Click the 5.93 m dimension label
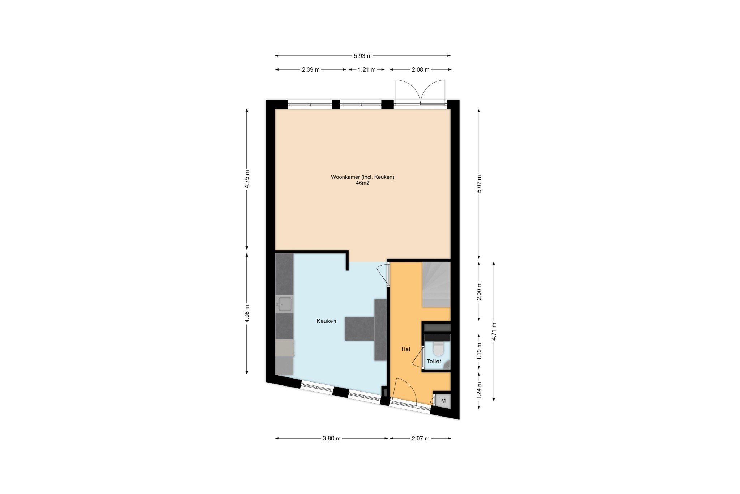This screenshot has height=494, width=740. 363,56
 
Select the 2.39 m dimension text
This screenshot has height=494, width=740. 311,69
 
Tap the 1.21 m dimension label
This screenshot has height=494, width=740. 367,69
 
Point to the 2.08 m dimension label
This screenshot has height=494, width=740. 421,69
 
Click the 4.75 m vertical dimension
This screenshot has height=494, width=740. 247,179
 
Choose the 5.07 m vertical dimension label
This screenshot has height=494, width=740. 479,184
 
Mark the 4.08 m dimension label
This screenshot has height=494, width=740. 247,313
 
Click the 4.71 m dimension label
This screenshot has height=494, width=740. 494,332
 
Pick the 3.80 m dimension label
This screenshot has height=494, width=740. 332,438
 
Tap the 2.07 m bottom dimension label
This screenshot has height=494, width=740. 421,438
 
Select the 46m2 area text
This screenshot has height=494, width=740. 362,183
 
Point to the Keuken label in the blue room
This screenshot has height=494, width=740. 326,321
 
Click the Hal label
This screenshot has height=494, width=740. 406,349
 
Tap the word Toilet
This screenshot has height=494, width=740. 434,361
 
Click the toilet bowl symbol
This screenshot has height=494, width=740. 438,349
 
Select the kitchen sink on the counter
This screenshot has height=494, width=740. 284,304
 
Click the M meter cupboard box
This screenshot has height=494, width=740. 443,401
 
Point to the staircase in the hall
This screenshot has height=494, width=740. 436,284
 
